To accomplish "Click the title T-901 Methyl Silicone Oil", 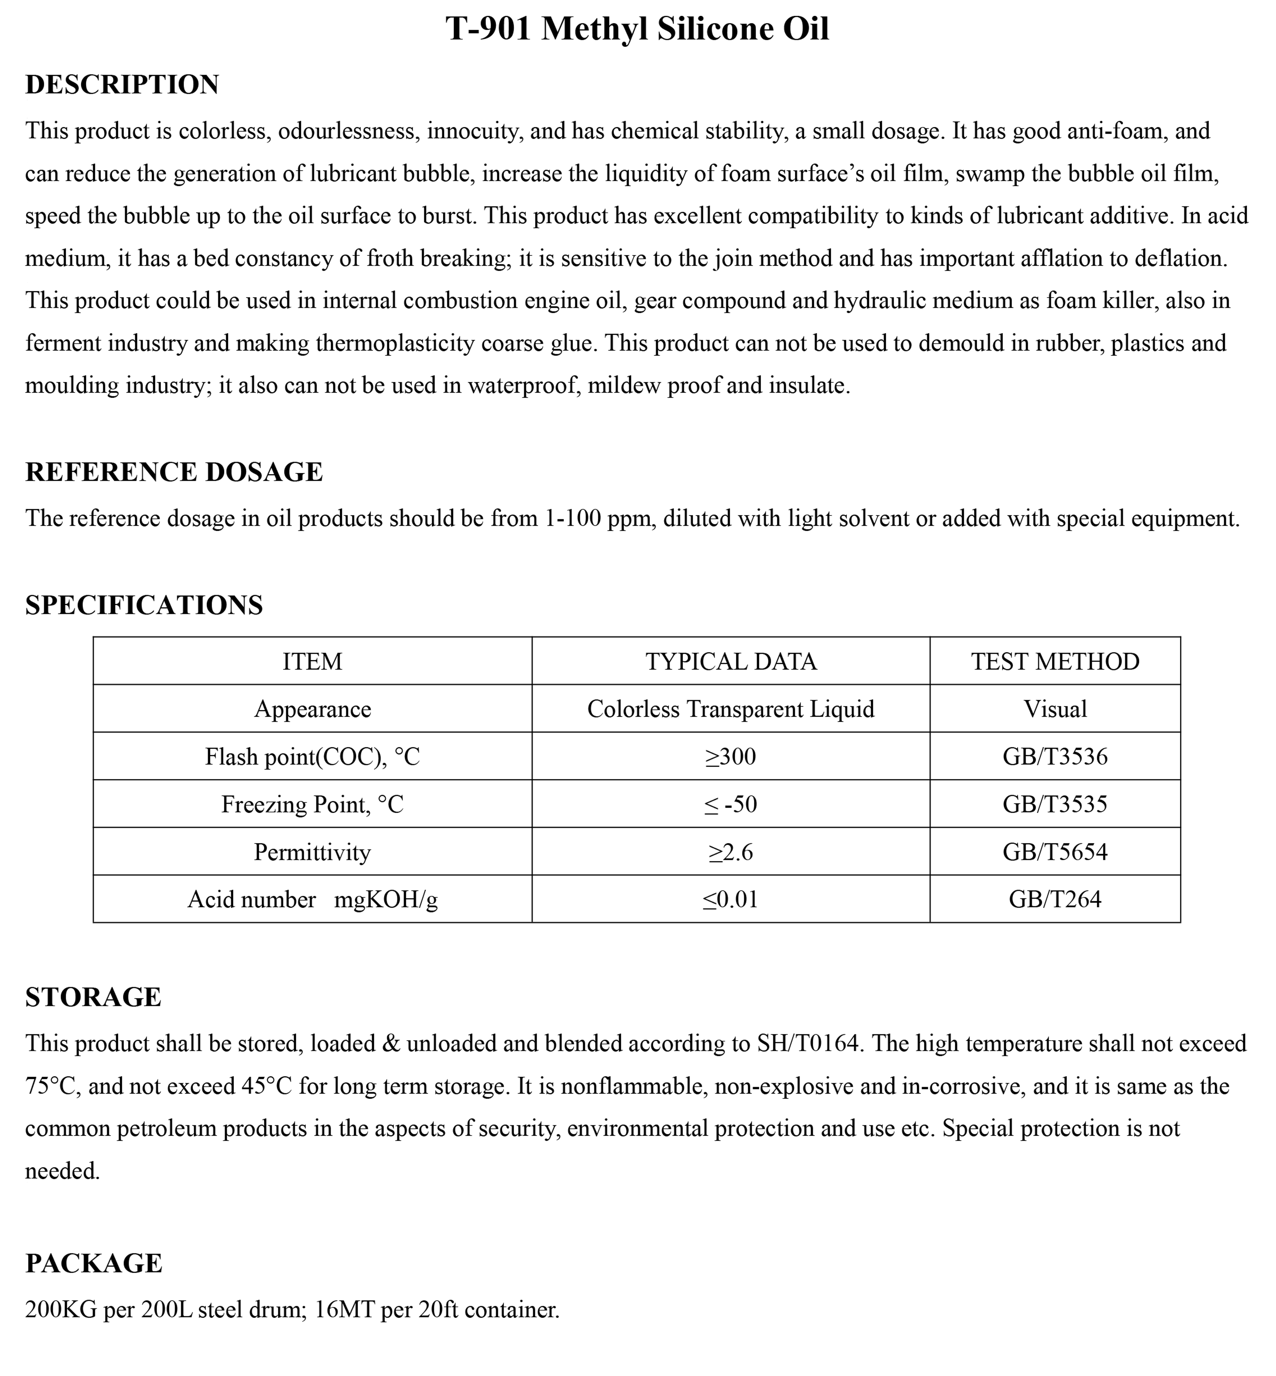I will tap(637, 29).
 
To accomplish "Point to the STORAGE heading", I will tap(93, 998).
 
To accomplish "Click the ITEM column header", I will tap(312, 662).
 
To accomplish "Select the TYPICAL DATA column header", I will tap(730, 662).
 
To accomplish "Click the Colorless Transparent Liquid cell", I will tap(730, 709).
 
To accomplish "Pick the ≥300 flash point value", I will tap(730, 757).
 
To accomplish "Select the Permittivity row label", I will tap(312, 852).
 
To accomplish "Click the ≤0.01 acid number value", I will tap(730, 899).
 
